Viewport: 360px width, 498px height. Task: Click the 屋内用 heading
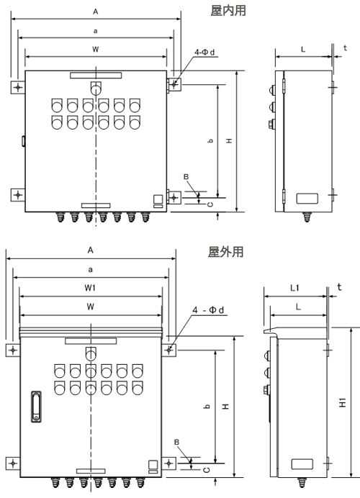(x=228, y=11)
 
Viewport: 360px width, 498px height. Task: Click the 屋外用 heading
(x=225, y=252)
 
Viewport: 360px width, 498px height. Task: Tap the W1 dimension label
(x=90, y=288)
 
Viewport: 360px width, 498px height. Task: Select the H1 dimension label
(x=343, y=402)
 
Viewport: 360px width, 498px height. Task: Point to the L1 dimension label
(x=295, y=288)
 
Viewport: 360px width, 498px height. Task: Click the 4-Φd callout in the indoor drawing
(x=204, y=52)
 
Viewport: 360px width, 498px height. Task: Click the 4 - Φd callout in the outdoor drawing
(x=208, y=310)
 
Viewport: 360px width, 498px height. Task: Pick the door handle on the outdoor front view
(x=36, y=407)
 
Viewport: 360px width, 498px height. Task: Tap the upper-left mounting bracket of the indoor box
(x=18, y=87)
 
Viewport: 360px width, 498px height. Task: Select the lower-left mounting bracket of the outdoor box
(x=13, y=463)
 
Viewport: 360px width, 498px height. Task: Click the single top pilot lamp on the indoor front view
(x=96, y=89)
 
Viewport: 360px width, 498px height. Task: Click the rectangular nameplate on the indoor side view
(x=307, y=199)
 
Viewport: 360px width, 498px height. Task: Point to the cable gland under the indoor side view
(x=306, y=217)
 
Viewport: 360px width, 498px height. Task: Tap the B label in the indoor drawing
(x=186, y=177)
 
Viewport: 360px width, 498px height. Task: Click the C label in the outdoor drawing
(x=206, y=470)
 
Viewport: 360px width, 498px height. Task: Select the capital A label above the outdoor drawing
(x=91, y=250)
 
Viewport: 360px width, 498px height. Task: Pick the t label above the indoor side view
(x=345, y=48)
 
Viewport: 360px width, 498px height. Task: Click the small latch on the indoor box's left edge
(x=24, y=141)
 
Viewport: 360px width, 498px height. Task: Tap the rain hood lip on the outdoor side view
(x=270, y=330)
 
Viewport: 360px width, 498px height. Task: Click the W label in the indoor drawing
(x=95, y=49)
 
